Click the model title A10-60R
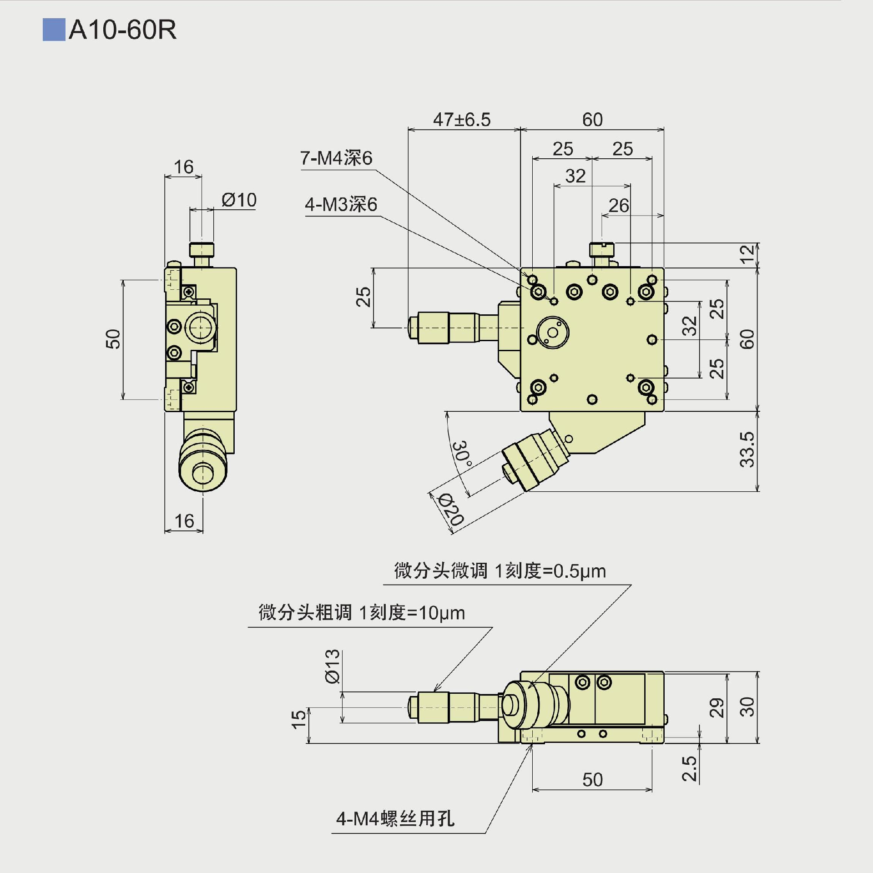122,30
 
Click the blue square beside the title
54,30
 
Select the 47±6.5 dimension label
462,120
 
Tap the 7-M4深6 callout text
336,158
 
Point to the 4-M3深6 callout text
341,205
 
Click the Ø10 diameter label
239,200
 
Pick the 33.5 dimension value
747,449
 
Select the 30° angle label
462,453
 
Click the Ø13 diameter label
333,666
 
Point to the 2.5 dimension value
690,768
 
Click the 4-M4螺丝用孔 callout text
395,819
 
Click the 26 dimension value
619,206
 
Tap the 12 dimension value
747,254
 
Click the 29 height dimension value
717,707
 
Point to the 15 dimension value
298,719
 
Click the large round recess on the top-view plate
553,333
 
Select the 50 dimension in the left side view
113,339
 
